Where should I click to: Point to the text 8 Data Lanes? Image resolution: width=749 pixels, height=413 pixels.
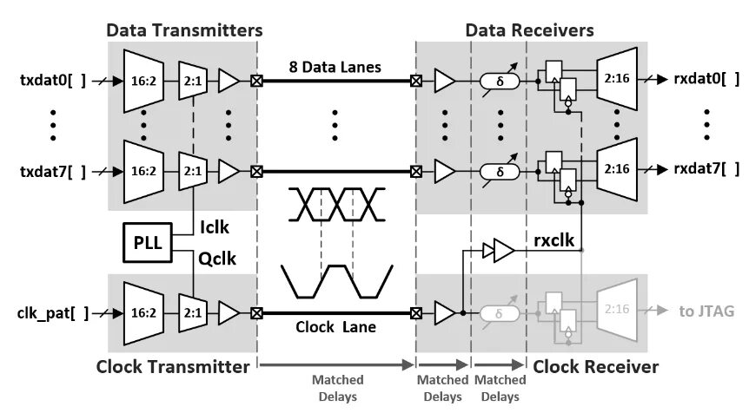pyautogui.click(x=335, y=66)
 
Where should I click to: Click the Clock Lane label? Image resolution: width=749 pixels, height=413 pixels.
pyautogui.click(x=335, y=329)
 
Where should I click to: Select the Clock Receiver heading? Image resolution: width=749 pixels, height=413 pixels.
pyautogui.click(x=595, y=367)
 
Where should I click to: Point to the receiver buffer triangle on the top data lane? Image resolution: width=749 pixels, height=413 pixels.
pyautogui.click(x=444, y=82)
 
